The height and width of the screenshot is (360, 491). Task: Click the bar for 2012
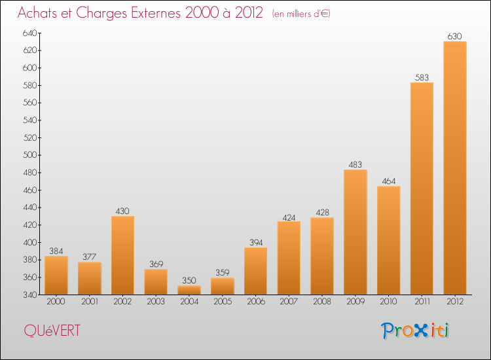point(455,168)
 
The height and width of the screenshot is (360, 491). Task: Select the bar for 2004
point(189,290)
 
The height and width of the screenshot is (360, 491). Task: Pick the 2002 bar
point(123,255)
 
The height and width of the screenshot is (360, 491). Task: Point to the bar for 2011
point(422,189)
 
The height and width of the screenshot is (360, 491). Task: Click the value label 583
point(422,77)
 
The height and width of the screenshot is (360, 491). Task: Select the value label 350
point(189,281)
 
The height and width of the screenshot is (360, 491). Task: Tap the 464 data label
point(389,181)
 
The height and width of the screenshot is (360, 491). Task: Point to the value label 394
point(256,243)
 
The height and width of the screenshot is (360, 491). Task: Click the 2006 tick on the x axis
point(256,301)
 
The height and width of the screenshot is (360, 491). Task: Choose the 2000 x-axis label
point(56,301)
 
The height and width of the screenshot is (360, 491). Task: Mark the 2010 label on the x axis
point(389,301)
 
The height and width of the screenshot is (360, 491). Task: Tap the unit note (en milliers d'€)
point(301,14)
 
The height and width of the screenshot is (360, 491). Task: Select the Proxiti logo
point(415,331)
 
